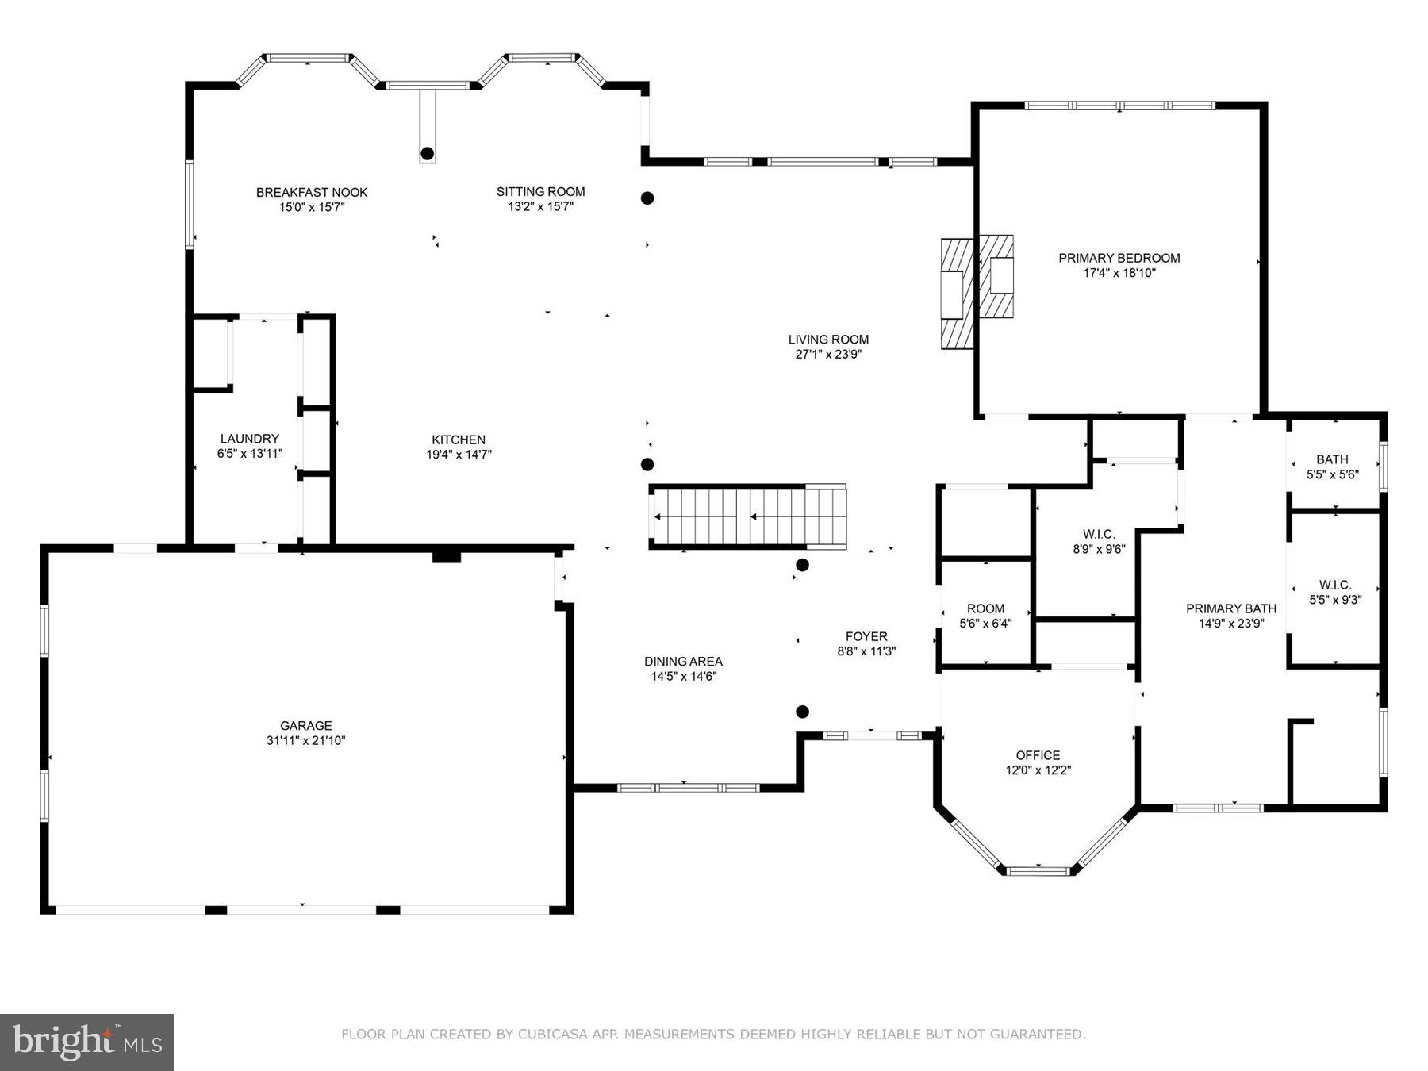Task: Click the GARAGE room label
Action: coord(305,725)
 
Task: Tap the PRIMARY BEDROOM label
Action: coord(1119,258)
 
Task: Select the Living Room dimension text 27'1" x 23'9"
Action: coord(828,355)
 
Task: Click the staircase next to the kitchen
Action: coord(747,516)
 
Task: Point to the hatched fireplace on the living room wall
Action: coord(956,294)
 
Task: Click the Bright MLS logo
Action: coord(86,1042)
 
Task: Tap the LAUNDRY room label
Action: coord(249,439)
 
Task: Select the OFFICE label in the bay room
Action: coord(1038,755)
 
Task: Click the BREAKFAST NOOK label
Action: coord(312,192)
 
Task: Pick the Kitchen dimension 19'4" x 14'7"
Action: coord(459,455)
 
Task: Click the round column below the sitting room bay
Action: coord(428,153)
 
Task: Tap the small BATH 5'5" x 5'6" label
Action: coord(1332,459)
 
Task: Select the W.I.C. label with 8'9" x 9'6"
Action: coord(1099,534)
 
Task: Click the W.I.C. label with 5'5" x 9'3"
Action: coord(1335,585)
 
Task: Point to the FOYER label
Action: coord(866,636)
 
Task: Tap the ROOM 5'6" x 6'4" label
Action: coord(985,608)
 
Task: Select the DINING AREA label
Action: coord(683,662)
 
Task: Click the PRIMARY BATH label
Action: coord(1231,608)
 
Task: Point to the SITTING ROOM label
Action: coord(540,191)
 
